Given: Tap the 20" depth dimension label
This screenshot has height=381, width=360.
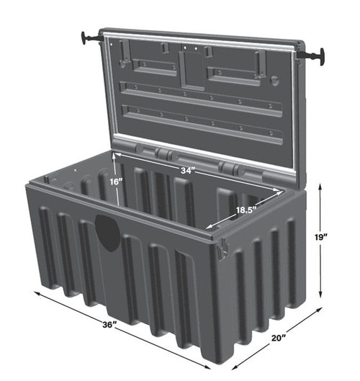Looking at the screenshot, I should [x=277, y=336].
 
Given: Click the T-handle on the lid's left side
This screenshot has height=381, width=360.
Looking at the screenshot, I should [x=91, y=37].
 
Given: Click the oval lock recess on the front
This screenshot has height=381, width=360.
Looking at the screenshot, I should [x=108, y=233].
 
